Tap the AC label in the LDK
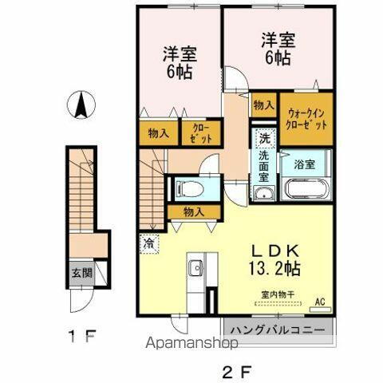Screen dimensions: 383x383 pos(321,302)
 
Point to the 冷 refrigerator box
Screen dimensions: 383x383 pos(149,243)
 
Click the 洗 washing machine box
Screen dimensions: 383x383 pos(263,138)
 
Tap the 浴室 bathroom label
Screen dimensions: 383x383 pos(304,164)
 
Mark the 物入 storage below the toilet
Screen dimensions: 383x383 pos(191,211)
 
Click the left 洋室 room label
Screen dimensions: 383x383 pos(180,62)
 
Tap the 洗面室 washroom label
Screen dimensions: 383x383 pos(263,164)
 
